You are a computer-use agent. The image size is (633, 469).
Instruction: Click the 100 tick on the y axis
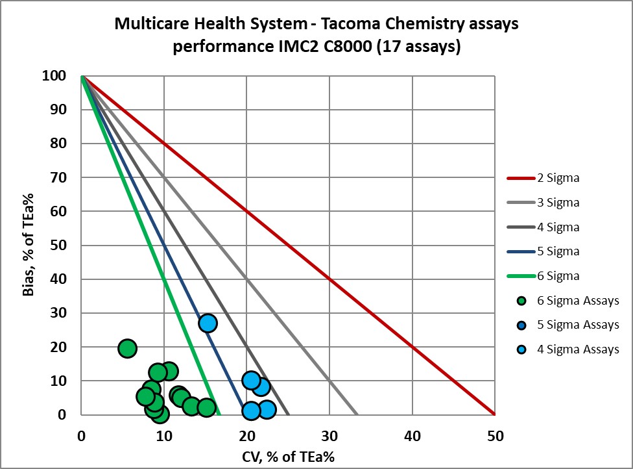pos(56,76)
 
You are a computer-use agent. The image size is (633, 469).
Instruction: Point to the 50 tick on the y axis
pos(59,246)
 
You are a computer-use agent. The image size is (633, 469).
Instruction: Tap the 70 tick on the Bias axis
pos(59,177)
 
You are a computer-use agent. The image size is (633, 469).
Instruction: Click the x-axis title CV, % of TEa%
pos(287,456)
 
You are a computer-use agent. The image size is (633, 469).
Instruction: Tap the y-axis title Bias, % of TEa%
pos(29,246)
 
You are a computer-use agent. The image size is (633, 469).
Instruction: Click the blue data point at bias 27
pos(208,323)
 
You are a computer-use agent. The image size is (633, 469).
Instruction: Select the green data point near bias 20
pos(127,348)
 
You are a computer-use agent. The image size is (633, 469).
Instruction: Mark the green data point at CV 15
pos(206,407)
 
